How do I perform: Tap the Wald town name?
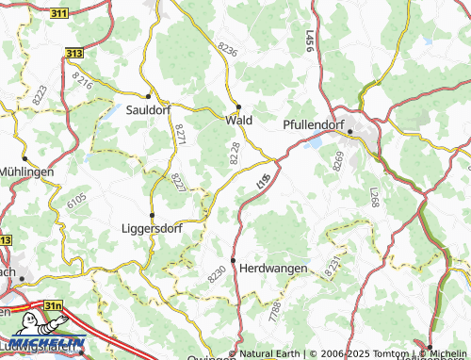[237, 121]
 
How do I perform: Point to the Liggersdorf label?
[153, 228]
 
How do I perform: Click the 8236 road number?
[227, 48]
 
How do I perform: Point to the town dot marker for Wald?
[239, 106]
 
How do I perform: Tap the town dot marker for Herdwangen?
[233, 260]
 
